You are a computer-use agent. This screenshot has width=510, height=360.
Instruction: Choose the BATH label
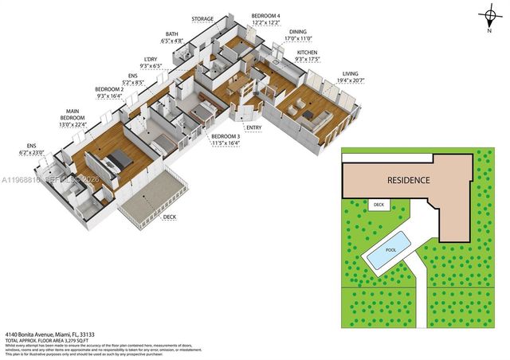[172, 34]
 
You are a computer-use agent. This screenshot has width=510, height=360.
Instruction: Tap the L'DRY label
[150, 59]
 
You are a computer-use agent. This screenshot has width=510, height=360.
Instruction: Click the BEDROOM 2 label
[109, 88]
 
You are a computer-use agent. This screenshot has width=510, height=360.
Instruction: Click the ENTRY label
[253, 127]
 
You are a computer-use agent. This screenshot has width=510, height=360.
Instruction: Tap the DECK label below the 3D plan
[170, 217]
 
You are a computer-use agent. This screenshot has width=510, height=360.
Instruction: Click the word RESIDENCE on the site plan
[409, 180]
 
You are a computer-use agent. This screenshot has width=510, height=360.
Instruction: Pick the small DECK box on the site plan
[379, 205]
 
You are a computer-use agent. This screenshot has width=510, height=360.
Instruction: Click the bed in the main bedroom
[116, 158]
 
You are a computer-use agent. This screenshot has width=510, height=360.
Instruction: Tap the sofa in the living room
[316, 119]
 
